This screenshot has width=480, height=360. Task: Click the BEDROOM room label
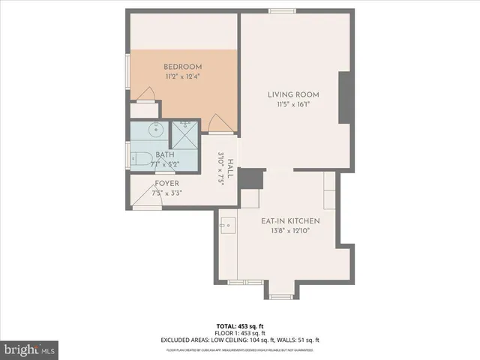coord(182,67)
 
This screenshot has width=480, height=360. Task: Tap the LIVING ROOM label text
coord(294,94)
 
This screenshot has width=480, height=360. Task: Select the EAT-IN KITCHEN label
coord(290,221)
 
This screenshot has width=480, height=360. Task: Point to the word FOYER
coord(167,184)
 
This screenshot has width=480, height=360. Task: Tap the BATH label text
coord(164,155)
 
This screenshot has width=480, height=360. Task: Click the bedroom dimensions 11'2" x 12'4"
coord(182,76)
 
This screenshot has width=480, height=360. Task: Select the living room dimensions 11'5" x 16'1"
coord(294,105)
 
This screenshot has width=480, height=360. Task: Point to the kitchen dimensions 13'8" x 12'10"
coord(290,232)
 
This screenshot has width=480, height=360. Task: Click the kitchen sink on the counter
coord(227,223)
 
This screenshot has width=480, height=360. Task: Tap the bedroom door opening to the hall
coord(218,122)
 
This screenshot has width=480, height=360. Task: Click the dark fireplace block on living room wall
coord(346,97)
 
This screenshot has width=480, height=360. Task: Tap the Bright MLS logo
coord(31,349)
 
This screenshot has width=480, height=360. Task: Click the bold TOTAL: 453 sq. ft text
coord(239,325)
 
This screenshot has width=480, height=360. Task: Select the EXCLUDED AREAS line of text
coord(239,339)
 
